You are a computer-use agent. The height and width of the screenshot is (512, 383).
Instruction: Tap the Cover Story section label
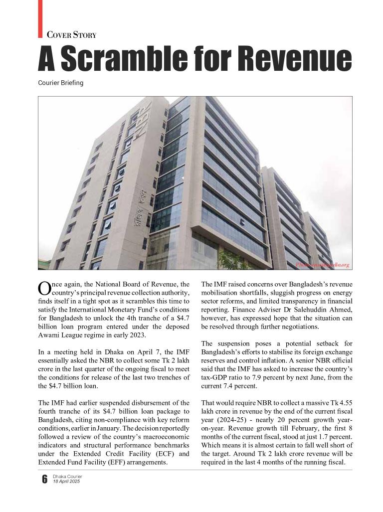(71, 35)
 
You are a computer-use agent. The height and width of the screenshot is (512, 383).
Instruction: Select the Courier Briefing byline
(60, 83)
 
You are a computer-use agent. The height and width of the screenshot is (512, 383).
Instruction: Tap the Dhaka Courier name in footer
(67, 477)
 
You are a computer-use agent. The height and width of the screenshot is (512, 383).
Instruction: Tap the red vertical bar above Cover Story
(40, 18)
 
